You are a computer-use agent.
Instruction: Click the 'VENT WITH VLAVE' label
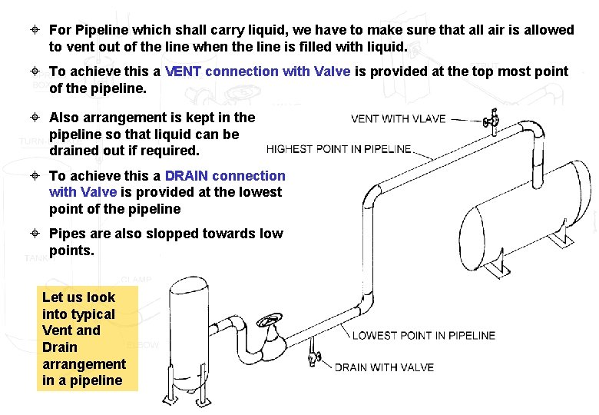[x=398, y=118]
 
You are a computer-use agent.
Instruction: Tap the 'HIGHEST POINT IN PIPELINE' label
[x=339, y=148]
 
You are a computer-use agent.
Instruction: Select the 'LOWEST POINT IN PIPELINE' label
[x=423, y=335]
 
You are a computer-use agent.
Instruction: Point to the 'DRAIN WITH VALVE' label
[x=384, y=367]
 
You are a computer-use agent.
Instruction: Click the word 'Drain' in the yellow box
[x=59, y=347]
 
